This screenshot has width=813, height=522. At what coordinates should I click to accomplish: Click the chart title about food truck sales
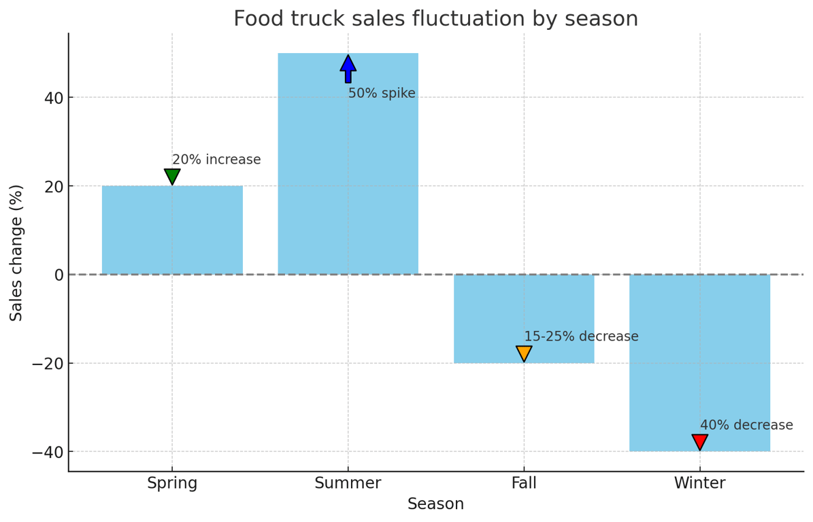[435, 19]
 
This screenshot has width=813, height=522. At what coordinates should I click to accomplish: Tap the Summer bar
[348, 170]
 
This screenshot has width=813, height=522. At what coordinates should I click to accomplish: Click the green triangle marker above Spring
[172, 176]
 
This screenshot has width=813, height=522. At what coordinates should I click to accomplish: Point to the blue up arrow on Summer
[348, 69]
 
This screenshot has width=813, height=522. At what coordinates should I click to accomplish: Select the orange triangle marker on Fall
[524, 353]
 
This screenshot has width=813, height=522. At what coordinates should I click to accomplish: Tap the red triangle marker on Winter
[699, 441]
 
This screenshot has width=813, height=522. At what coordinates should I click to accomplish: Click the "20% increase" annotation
[216, 160]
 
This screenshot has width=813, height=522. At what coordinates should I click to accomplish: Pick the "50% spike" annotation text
[382, 94]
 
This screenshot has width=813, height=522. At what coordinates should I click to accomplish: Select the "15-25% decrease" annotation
[581, 336]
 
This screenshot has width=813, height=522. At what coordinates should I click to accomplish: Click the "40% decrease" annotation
[746, 425]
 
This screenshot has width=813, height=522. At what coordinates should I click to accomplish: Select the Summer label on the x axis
[348, 483]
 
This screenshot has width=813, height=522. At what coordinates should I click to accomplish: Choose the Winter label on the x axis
[699, 483]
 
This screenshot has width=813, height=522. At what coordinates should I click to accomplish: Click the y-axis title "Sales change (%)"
[17, 252]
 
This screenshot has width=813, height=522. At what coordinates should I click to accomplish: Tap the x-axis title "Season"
[435, 504]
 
